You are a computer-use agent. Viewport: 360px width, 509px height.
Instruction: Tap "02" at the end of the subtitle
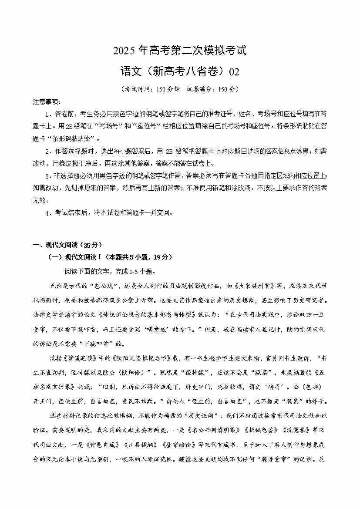(x=234, y=71)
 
